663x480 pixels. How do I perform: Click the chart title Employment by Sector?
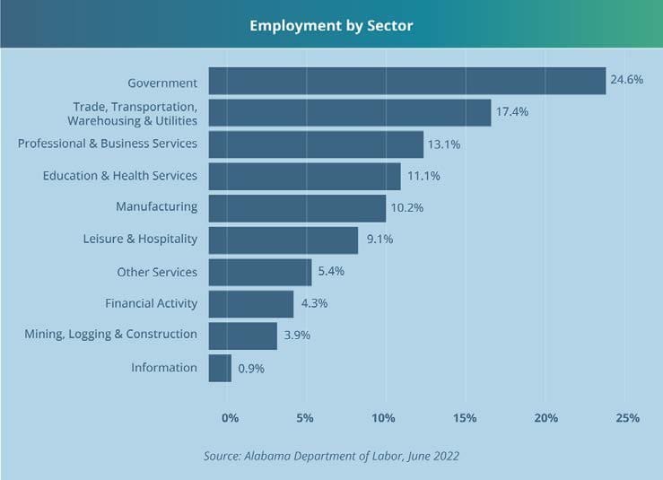[331, 25]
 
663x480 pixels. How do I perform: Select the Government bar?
[407, 81]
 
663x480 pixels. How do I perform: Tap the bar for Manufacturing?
[297, 208]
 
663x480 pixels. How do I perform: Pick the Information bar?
[220, 368]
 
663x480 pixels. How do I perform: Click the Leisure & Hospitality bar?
[284, 240]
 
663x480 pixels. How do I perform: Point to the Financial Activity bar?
[251, 303]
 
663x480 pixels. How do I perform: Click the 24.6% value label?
[627, 80]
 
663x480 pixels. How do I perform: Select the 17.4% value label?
[512, 112]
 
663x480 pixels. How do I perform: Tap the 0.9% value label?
[251, 368]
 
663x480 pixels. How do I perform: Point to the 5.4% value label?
[331, 271]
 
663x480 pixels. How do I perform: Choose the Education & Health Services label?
[120, 175]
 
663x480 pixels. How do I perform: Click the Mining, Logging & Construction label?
[111, 335]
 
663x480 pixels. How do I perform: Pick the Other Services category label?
[157, 272]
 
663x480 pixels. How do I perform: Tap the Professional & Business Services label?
[108, 144]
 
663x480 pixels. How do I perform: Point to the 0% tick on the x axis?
[230, 418]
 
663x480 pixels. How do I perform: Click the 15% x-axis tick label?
[465, 418]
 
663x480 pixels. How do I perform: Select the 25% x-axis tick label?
[627, 418]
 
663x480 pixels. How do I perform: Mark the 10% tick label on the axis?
[383, 418]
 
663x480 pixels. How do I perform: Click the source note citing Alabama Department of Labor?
[331, 456]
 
